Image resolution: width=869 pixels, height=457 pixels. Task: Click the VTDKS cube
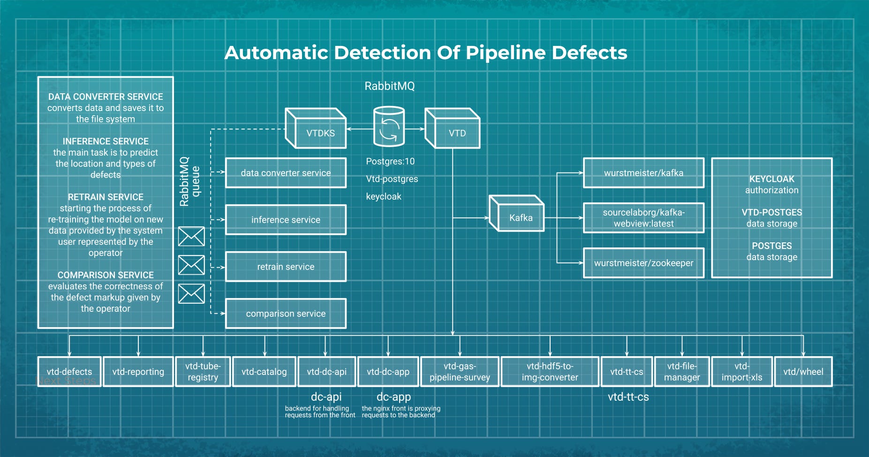tap(317, 129)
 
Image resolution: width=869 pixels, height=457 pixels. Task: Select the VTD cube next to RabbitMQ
tap(453, 129)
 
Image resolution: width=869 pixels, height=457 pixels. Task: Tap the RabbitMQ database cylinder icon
tap(389, 127)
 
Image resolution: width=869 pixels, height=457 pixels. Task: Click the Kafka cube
tap(517, 214)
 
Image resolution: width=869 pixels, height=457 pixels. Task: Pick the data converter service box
tap(286, 173)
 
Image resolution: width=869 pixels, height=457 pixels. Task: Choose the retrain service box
tap(286, 267)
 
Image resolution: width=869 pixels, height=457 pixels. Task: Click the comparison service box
tap(286, 314)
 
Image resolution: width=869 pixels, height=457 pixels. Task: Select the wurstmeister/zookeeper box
tap(643, 263)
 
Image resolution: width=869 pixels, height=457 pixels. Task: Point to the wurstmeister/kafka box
tap(643, 173)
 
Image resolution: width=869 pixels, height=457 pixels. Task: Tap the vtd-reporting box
tap(138, 372)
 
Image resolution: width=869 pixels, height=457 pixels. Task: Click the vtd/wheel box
tap(803, 372)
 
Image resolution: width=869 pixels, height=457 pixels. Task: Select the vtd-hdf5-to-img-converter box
tap(550, 372)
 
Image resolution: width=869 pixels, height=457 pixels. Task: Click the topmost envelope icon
tap(191, 237)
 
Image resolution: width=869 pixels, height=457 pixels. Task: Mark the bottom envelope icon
tap(191, 294)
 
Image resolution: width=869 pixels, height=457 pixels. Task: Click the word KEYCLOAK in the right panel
tap(771, 179)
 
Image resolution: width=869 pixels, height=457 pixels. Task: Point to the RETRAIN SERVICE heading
tap(106, 197)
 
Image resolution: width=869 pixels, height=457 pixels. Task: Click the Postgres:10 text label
tap(390, 162)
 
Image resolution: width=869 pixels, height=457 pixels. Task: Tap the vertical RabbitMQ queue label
tap(189, 181)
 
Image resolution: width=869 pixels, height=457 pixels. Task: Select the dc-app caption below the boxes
tap(393, 397)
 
